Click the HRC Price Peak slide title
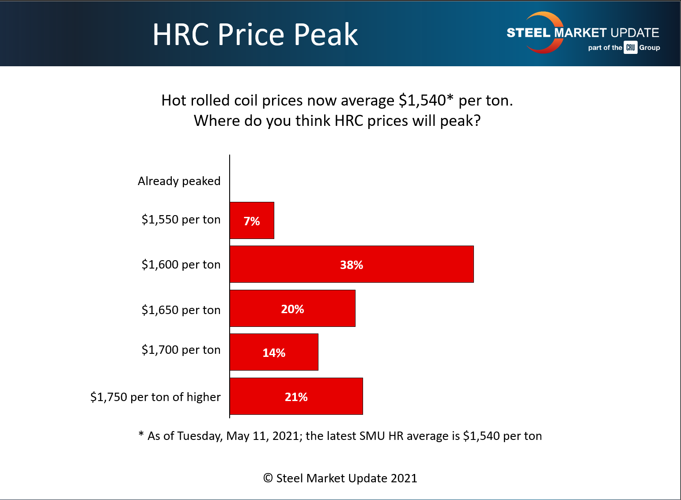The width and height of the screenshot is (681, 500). point(255,34)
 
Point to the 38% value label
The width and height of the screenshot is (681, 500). point(352,265)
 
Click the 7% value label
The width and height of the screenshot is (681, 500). point(252,221)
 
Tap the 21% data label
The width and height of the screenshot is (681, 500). point(296,397)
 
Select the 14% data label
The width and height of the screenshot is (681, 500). point(274,353)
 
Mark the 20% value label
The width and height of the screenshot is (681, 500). point(292,309)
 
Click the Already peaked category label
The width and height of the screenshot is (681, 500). point(179,181)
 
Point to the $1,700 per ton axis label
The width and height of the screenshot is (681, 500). point(181,350)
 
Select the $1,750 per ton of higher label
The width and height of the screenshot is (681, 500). point(155,397)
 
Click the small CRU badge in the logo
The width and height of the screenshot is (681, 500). point(630,48)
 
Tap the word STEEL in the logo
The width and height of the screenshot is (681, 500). point(528,33)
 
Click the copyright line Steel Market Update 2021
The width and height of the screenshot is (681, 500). point(340,478)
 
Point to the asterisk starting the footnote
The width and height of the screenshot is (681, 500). point(141,435)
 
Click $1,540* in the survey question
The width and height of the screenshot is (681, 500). point(426,101)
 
